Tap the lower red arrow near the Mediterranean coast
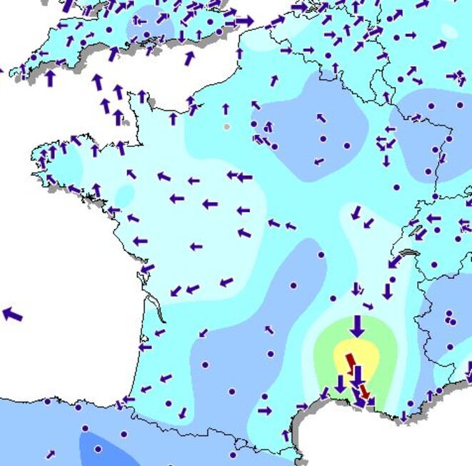(364, 391)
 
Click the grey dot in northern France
(226, 127)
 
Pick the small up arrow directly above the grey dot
(226, 109)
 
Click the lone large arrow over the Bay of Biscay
(12, 313)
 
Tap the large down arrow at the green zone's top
(357, 326)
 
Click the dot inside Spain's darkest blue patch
(97, 450)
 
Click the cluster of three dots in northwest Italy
(449, 318)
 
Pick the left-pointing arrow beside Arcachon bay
(146, 348)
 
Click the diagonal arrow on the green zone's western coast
(324, 393)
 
